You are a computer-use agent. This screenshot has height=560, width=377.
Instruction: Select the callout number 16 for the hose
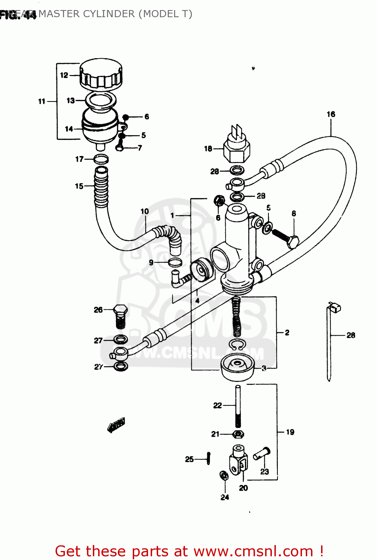[x=331, y=114]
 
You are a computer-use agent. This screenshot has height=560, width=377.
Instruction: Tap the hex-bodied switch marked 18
[x=237, y=149]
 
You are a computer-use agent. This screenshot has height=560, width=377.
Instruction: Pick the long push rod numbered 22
[x=238, y=405]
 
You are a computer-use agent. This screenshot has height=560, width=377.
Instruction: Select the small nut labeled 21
[x=238, y=434]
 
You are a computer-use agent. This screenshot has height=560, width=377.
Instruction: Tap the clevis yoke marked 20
[x=238, y=461]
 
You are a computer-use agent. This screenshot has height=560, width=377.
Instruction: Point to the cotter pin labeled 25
[x=208, y=458]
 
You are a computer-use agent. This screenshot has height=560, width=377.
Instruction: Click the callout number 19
[x=290, y=432]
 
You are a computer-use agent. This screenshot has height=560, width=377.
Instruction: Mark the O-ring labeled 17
[x=101, y=159]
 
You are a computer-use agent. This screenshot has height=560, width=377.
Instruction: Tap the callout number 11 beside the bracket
[x=41, y=101]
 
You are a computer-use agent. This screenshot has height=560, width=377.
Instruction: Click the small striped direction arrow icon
[x=116, y=425]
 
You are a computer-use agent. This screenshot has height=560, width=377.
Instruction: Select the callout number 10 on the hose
[x=144, y=211]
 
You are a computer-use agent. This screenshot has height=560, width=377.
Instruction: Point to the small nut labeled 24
[x=224, y=476]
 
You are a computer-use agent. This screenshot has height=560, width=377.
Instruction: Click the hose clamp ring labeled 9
[x=175, y=262]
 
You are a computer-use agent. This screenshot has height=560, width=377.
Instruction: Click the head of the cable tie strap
[x=334, y=308]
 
